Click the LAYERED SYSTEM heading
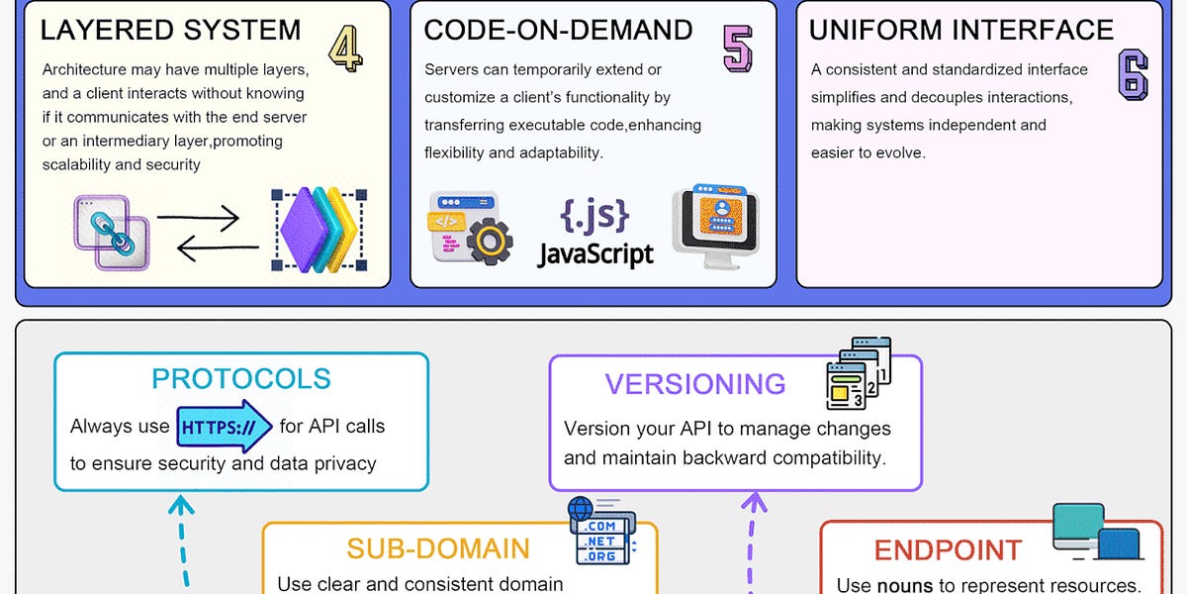coord(170,30)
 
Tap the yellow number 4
coord(344,48)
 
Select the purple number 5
coord(737,48)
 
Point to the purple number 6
coord(1133,75)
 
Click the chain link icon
coord(111,233)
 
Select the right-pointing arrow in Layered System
coord(198,217)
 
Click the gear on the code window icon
coord(489,243)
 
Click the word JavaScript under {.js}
coord(595,253)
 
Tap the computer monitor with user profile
coord(715,226)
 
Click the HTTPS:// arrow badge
coord(225,428)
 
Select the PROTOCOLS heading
coord(241,379)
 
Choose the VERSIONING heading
coord(695,384)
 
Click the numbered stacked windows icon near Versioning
coord(858,374)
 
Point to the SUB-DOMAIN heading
coord(438,548)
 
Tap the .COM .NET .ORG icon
coord(599,530)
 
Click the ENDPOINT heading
coord(948,550)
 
